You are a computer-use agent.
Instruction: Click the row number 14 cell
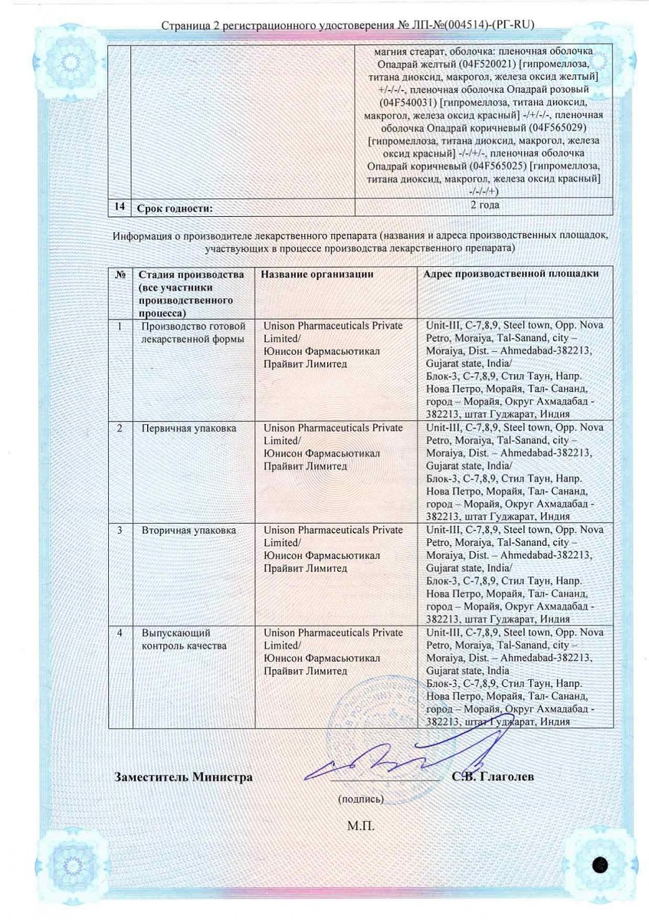coord(119,206)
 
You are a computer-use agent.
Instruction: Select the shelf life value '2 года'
coord(484,205)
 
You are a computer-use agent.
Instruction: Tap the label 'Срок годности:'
coord(173,208)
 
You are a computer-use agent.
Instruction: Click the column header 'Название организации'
coord(317,274)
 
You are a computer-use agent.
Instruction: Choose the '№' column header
coord(120,274)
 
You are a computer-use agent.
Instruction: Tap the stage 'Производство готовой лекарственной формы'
coord(192,332)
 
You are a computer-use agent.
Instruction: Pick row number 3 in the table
coord(120,530)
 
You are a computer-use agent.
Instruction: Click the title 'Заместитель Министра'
coord(183,777)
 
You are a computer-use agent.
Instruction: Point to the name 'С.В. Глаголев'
coord(493,777)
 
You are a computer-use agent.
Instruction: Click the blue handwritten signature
coord(375,767)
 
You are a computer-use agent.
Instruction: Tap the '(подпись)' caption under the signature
coord(360,800)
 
